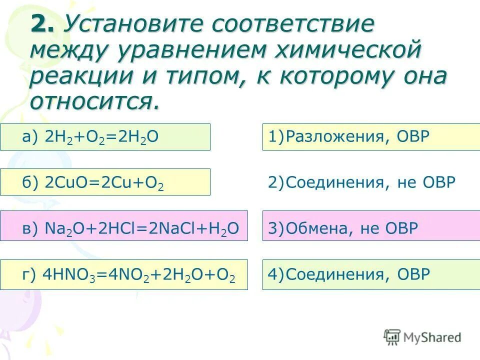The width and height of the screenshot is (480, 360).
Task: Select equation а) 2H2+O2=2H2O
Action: (105, 137)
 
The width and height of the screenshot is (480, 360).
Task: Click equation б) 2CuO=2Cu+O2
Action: (105, 182)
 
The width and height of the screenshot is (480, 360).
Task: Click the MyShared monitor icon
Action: (392, 337)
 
